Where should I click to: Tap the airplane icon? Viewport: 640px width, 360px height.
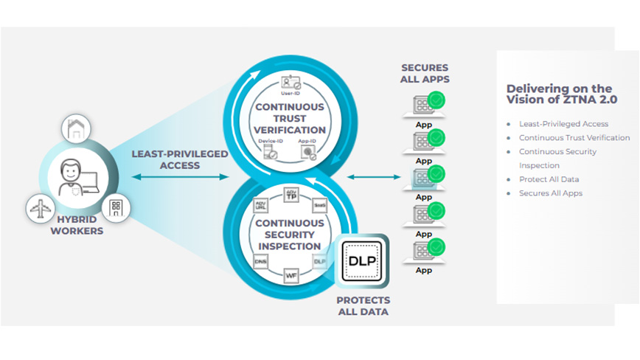[x=40, y=209]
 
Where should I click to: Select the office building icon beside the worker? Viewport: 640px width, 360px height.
[x=116, y=207]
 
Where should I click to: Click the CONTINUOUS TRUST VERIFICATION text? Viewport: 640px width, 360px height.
[x=289, y=119]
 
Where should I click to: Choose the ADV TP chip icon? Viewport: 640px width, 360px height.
[x=291, y=196]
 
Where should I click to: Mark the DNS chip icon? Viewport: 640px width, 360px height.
[x=260, y=260]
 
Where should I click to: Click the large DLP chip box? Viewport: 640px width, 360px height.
[x=362, y=262]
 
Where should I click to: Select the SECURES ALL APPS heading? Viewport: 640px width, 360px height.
[x=424, y=73]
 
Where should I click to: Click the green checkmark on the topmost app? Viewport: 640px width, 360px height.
[x=436, y=100]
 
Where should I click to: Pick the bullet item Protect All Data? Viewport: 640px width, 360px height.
[x=549, y=179]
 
